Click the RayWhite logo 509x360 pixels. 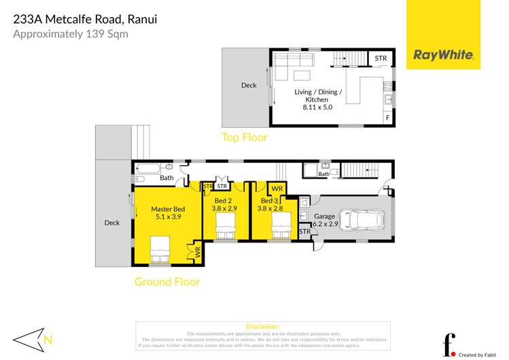pyautogui.click(x=443, y=55)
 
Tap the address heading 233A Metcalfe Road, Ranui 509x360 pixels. pyautogui.click(x=85, y=19)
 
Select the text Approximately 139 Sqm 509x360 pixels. pyautogui.click(x=70, y=33)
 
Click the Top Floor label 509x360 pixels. pyautogui.click(x=245, y=137)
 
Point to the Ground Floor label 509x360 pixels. pyautogui.click(x=166, y=281)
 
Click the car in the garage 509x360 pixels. pyautogui.click(x=364, y=219)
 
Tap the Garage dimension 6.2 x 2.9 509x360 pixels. pyautogui.click(x=326, y=223)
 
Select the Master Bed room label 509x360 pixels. pyautogui.click(x=168, y=209)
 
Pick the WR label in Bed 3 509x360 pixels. pyautogui.click(x=277, y=189)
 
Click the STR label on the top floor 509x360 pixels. pyautogui.click(x=381, y=58)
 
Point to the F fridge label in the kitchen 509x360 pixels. pyautogui.click(x=387, y=118)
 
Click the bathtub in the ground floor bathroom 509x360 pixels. pyautogui.click(x=147, y=167)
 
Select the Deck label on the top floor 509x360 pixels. pyautogui.click(x=249, y=86)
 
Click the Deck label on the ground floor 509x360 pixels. pyautogui.click(x=112, y=222)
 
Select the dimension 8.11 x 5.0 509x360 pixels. pyautogui.click(x=317, y=107)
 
